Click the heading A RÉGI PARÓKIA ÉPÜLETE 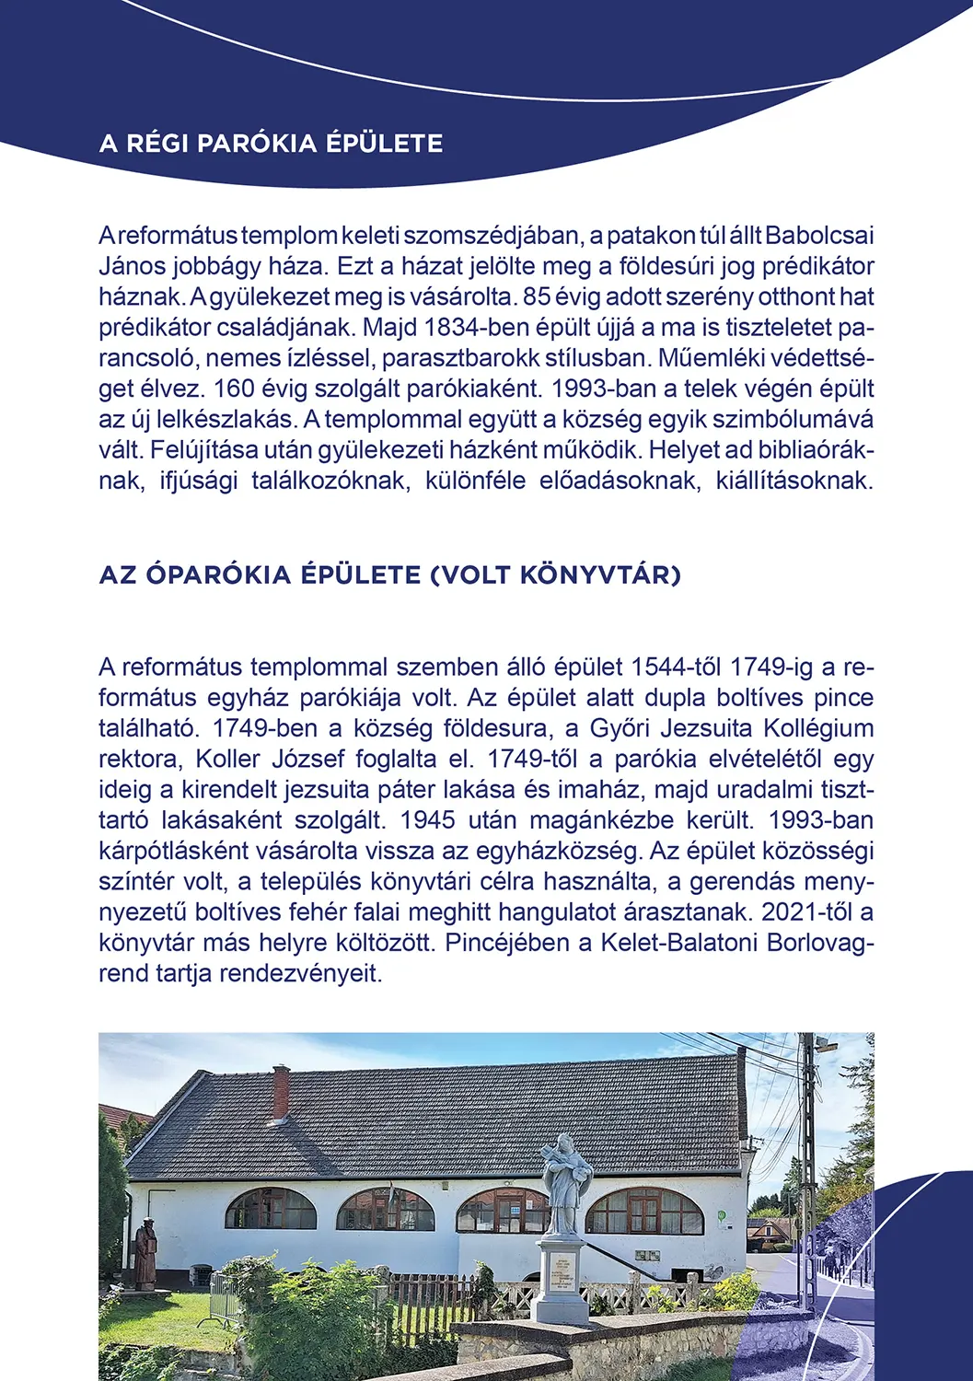(x=271, y=144)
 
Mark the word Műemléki (x=704, y=358)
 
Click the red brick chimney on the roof (x=282, y=1091)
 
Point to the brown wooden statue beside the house (x=145, y=1253)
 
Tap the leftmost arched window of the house (x=270, y=1209)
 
